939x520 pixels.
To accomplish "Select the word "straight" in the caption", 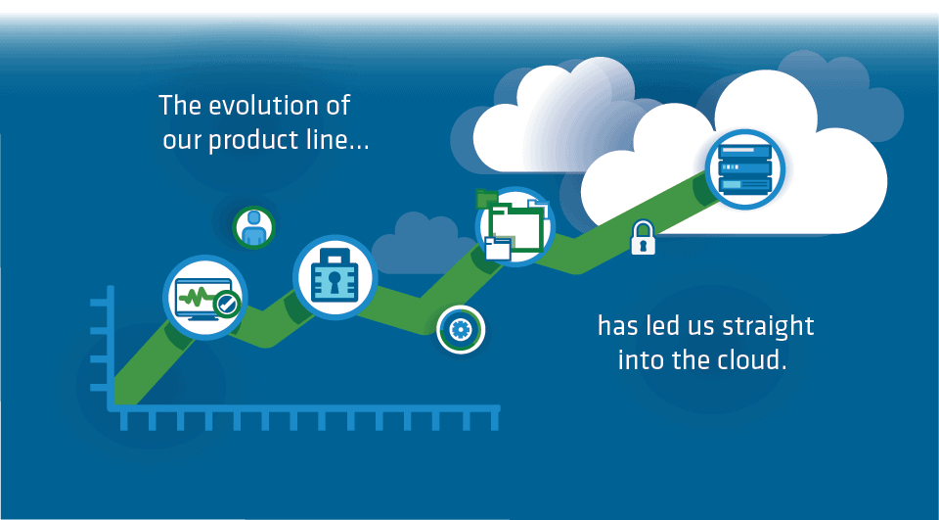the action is [x=768, y=328].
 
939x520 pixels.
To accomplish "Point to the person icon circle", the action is [x=254, y=227].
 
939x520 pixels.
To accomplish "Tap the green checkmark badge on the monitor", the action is [x=227, y=305].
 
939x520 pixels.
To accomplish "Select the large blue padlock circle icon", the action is [x=335, y=277].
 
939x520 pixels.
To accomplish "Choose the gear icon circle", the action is [x=461, y=329].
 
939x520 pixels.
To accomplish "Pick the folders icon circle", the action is [x=515, y=227].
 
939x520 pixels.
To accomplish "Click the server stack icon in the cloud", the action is [x=745, y=169].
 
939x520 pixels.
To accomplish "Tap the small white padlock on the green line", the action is [x=644, y=238].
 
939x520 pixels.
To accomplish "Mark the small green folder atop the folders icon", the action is [x=487, y=198].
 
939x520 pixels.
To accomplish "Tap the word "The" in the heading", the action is [x=180, y=106].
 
